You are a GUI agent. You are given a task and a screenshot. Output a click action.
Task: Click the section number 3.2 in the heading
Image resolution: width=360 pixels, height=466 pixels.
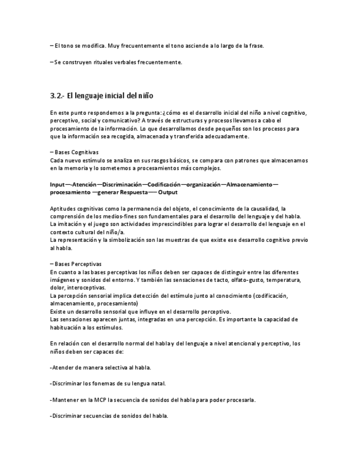tap(57, 95)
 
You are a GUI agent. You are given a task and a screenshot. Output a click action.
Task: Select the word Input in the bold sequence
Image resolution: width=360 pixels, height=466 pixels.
tap(58, 184)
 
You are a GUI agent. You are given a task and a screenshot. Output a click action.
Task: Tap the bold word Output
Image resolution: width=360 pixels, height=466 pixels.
tap(168, 192)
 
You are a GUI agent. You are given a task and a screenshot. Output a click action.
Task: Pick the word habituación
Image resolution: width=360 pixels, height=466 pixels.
tap(68, 327)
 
